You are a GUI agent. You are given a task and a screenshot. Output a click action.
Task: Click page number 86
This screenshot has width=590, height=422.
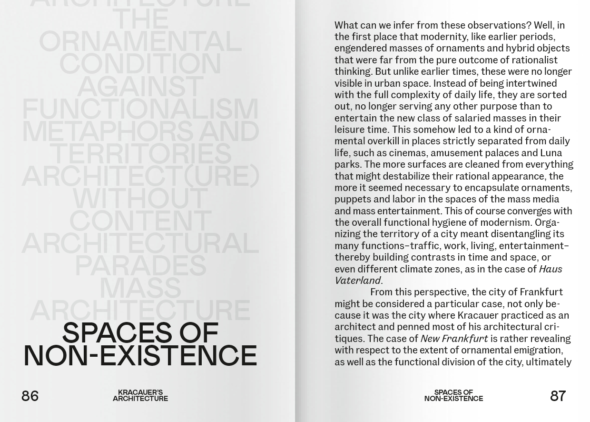coord(30,396)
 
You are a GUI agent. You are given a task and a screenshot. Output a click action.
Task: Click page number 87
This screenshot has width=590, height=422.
coord(558,396)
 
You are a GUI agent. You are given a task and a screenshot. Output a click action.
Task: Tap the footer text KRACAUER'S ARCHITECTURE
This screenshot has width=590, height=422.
coord(140,395)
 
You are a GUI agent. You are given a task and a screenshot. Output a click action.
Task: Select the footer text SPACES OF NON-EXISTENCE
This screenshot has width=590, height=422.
coord(453,395)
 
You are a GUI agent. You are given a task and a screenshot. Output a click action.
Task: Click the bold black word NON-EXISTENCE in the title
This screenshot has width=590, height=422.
coord(140,356)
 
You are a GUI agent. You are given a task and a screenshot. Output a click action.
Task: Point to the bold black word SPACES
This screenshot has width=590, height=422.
coord(117,333)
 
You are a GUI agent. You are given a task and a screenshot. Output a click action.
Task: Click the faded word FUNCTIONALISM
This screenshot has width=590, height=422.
coord(140,109)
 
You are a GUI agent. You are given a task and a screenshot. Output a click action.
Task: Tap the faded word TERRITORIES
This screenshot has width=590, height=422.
coord(140,153)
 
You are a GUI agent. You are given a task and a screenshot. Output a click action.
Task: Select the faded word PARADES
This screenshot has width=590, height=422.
coord(140,265)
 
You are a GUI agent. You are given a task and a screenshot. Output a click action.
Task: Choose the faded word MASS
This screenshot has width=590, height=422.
coord(140,288)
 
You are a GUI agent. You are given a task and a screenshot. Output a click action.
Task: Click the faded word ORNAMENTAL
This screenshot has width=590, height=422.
coord(140,42)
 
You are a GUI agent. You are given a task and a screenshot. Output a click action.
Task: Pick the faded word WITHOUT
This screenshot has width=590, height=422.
coord(140,198)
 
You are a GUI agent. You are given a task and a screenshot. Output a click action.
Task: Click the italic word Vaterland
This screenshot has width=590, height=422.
coord(357,281)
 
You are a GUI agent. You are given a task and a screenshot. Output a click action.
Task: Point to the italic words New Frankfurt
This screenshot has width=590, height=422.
coord(454,339)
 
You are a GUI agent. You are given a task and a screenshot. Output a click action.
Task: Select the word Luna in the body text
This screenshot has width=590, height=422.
coord(551,153)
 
